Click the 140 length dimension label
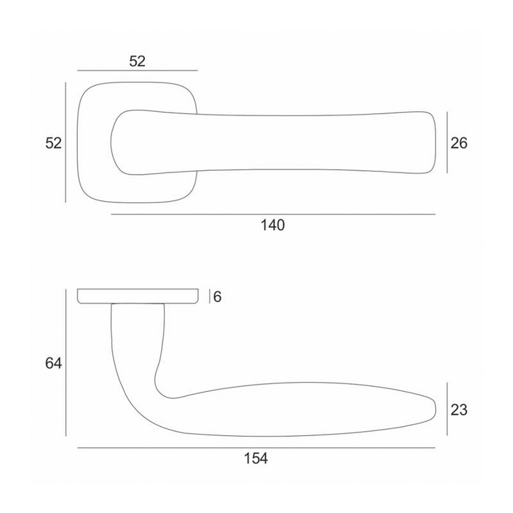273,225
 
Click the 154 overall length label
256,458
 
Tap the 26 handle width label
459,143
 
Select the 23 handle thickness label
459,409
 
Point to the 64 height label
53,363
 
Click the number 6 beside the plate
217,297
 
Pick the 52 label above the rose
137,61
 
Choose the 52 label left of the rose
53,143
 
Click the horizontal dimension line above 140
273,214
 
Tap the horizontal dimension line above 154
256,448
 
